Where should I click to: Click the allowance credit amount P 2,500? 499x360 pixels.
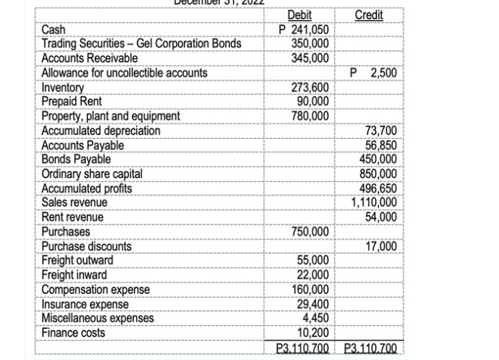(x=374, y=73)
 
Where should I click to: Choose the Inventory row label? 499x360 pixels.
(x=63, y=88)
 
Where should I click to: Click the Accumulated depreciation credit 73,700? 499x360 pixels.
(x=380, y=130)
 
